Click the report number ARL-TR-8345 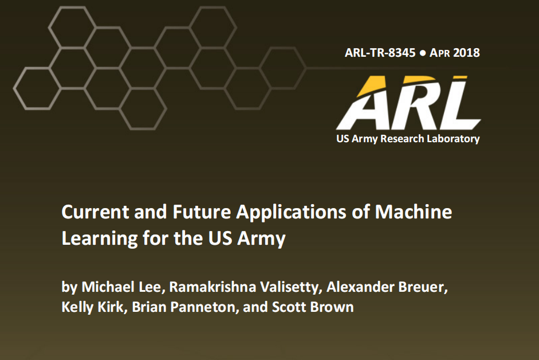click(380, 53)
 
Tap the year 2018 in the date click(466, 53)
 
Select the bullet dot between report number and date click(423, 53)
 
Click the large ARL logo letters click(409, 103)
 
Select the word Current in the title click(95, 212)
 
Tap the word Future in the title click(202, 212)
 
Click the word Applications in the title click(291, 212)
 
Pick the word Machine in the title click(414, 212)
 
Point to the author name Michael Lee click(121, 287)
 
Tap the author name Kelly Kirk click(92, 307)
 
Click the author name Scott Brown click(313, 307)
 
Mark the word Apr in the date click(440, 53)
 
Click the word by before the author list click(69, 287)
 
